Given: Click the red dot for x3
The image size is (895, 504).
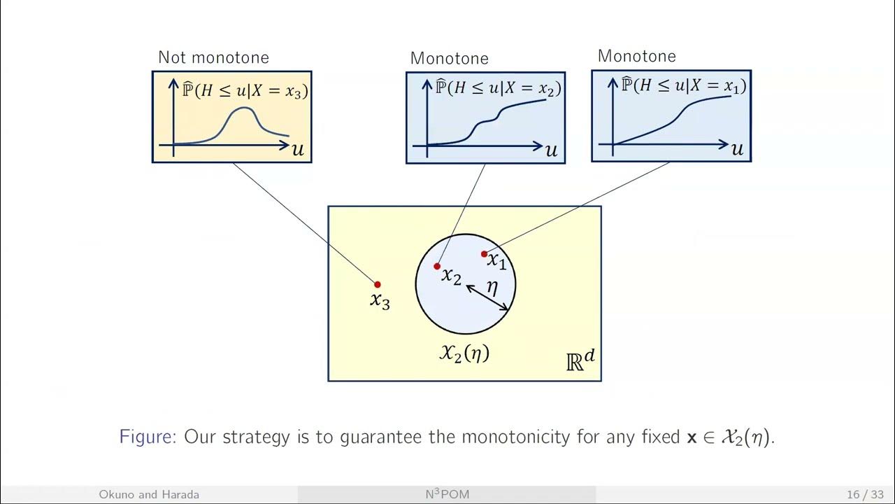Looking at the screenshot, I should click(x=378, y=284).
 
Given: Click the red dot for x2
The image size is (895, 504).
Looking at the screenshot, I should click(x=437, y=266).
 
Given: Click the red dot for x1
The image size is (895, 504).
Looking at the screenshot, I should click(x=484, y=254).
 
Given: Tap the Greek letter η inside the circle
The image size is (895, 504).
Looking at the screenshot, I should click(x=492, y=286).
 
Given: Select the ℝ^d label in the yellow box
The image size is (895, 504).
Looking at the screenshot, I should click(x=580, y=360).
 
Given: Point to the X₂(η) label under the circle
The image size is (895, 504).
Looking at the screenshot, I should click(x=464, y=353).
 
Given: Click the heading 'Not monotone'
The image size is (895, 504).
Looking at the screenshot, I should click(x=213, y=57).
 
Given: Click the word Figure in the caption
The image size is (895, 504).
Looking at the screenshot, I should click(x=148, y=437).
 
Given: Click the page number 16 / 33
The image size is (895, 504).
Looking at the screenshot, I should click(x=864, y=495).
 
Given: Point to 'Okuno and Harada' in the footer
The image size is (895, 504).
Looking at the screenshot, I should click(x=149, y=495).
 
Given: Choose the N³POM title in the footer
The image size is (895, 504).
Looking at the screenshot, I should click(x=447, y=494).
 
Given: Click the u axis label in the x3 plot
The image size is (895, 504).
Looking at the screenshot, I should click(x=298, y=150).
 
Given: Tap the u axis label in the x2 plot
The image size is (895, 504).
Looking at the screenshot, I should click(x=552, y=150).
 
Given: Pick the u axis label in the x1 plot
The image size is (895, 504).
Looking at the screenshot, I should click(x=737, y=149).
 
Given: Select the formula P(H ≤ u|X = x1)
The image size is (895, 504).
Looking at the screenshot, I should click(x=684, y=85).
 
